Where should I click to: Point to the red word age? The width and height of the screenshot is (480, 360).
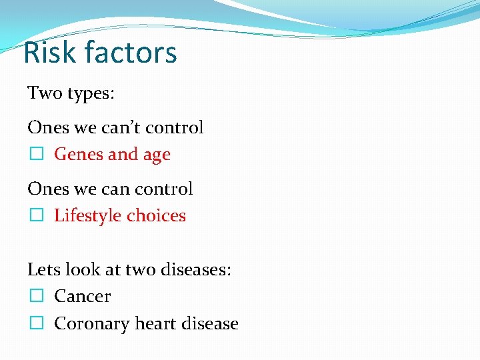pos(155,155)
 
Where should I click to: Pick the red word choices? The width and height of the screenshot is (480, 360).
pos(156,216)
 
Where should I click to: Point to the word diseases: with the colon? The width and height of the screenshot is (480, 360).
pos(199,269)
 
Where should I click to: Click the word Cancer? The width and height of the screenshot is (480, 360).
pos(82,296)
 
